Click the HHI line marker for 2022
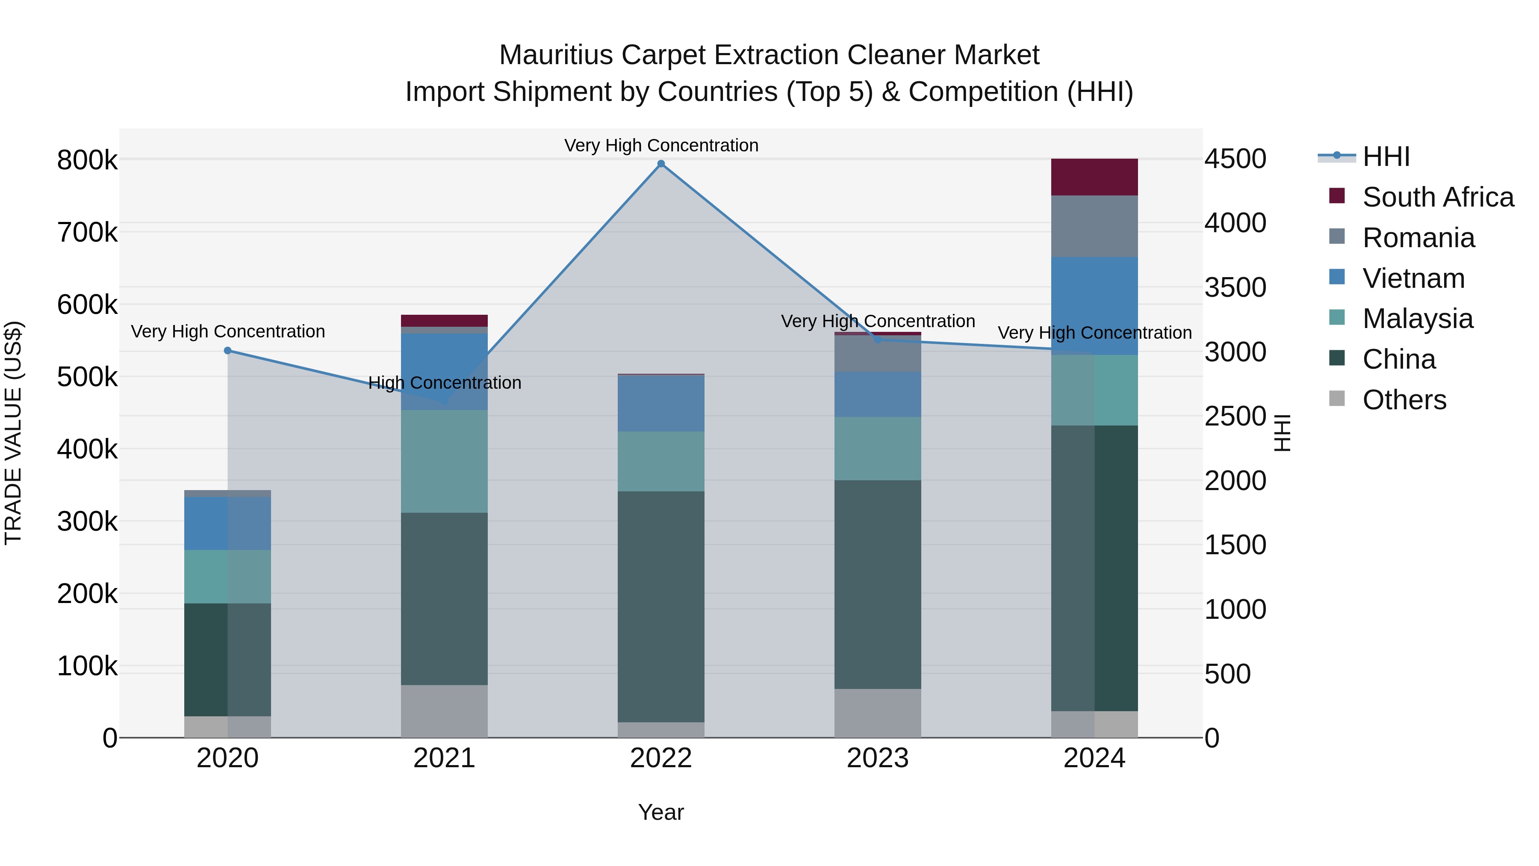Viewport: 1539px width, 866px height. click(x=661, y=164)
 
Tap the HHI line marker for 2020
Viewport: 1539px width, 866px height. click(x=227, y=350)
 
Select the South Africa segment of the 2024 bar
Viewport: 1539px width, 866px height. click(x=1094, y=177)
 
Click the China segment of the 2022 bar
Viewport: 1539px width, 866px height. click(x=661, y=606)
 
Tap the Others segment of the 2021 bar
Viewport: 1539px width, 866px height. click(x=444, y=711)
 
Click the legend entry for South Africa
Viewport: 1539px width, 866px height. click(x=1437, y=197)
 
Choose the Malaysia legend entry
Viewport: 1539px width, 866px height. click(x=1417, y=319)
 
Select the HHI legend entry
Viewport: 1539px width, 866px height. click(x=1386, y=157)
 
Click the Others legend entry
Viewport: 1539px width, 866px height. click(x=1403, y=400)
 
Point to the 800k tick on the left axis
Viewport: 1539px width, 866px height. click(x=87, y=160)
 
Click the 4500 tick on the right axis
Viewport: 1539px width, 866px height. click(x=1234, y=159)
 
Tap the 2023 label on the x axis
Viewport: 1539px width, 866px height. click(x=877, y=758)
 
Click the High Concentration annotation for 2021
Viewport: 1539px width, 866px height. click(x=445, y=382)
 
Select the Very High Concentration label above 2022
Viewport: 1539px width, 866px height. click(x=661, y=145)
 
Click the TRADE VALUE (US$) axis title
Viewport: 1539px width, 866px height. click(x=13, y=433)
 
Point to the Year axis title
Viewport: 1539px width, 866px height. click(x=661, y=812)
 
